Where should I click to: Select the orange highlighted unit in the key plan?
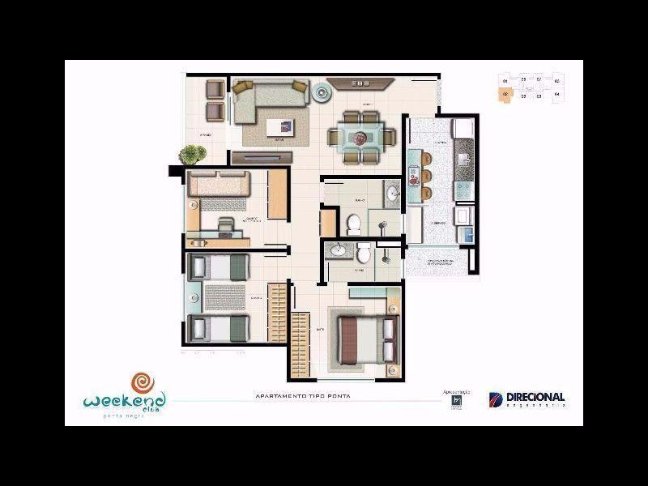505,95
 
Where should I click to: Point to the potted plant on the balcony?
193,153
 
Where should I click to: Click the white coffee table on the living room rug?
280,126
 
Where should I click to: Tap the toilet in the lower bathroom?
364,254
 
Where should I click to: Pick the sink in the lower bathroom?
338,253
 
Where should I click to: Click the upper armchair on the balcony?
215,88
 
